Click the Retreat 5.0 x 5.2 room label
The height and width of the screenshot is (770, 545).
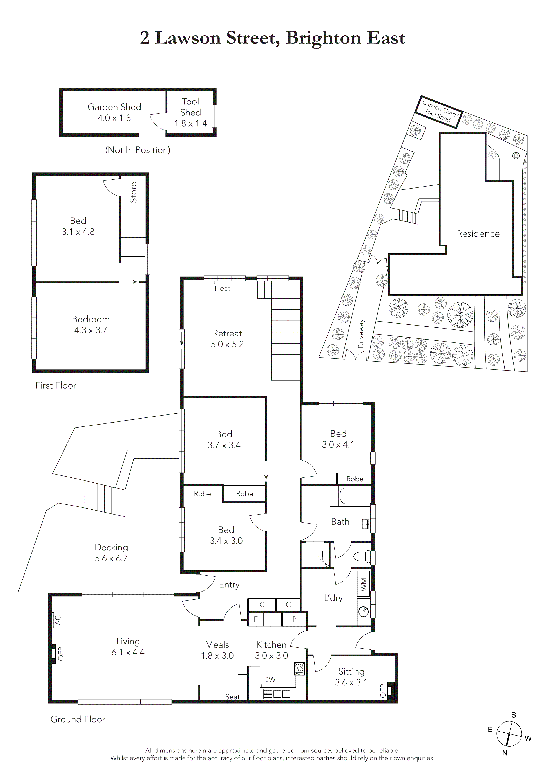(227, 339)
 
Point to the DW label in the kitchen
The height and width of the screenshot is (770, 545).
(269, 679)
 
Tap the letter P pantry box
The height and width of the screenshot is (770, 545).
(294, 619)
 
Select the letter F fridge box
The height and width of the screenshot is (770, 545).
(256, 619)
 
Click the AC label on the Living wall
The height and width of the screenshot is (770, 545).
(58, 620)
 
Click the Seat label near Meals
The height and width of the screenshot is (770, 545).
(232, 697)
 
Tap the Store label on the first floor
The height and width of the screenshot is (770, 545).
(134, 192)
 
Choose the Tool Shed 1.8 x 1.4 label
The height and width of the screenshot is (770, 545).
(190, 112)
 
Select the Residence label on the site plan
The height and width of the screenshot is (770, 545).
(478, 234)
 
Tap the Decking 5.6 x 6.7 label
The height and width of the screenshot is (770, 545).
(111, 553)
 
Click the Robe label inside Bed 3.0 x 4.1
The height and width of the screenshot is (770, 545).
(354, 479)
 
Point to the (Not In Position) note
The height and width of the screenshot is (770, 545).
(138, 150)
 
